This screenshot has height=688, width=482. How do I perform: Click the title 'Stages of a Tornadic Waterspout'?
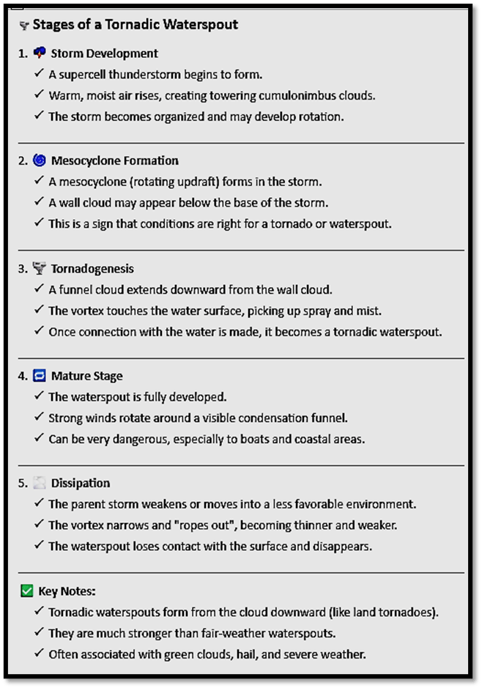point(135,25)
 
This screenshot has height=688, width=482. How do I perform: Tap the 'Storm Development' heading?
point(104,53)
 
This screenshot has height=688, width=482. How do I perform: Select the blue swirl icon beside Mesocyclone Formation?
point(39,160)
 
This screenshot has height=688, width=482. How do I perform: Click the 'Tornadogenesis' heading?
point(92,269)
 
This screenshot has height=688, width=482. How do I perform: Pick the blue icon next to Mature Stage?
point(39,376)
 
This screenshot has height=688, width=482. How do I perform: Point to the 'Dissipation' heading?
point(81,483)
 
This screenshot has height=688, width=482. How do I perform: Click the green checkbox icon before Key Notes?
point(27,591)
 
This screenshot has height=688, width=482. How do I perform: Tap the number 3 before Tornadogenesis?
point(23,269)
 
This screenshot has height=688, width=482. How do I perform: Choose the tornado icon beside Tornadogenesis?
point(39,268)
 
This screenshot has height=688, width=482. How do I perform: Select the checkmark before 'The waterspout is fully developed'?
point(39,396)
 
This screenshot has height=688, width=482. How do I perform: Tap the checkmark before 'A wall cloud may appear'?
point(39,203)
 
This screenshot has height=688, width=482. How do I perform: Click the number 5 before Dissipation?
point(23,483)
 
